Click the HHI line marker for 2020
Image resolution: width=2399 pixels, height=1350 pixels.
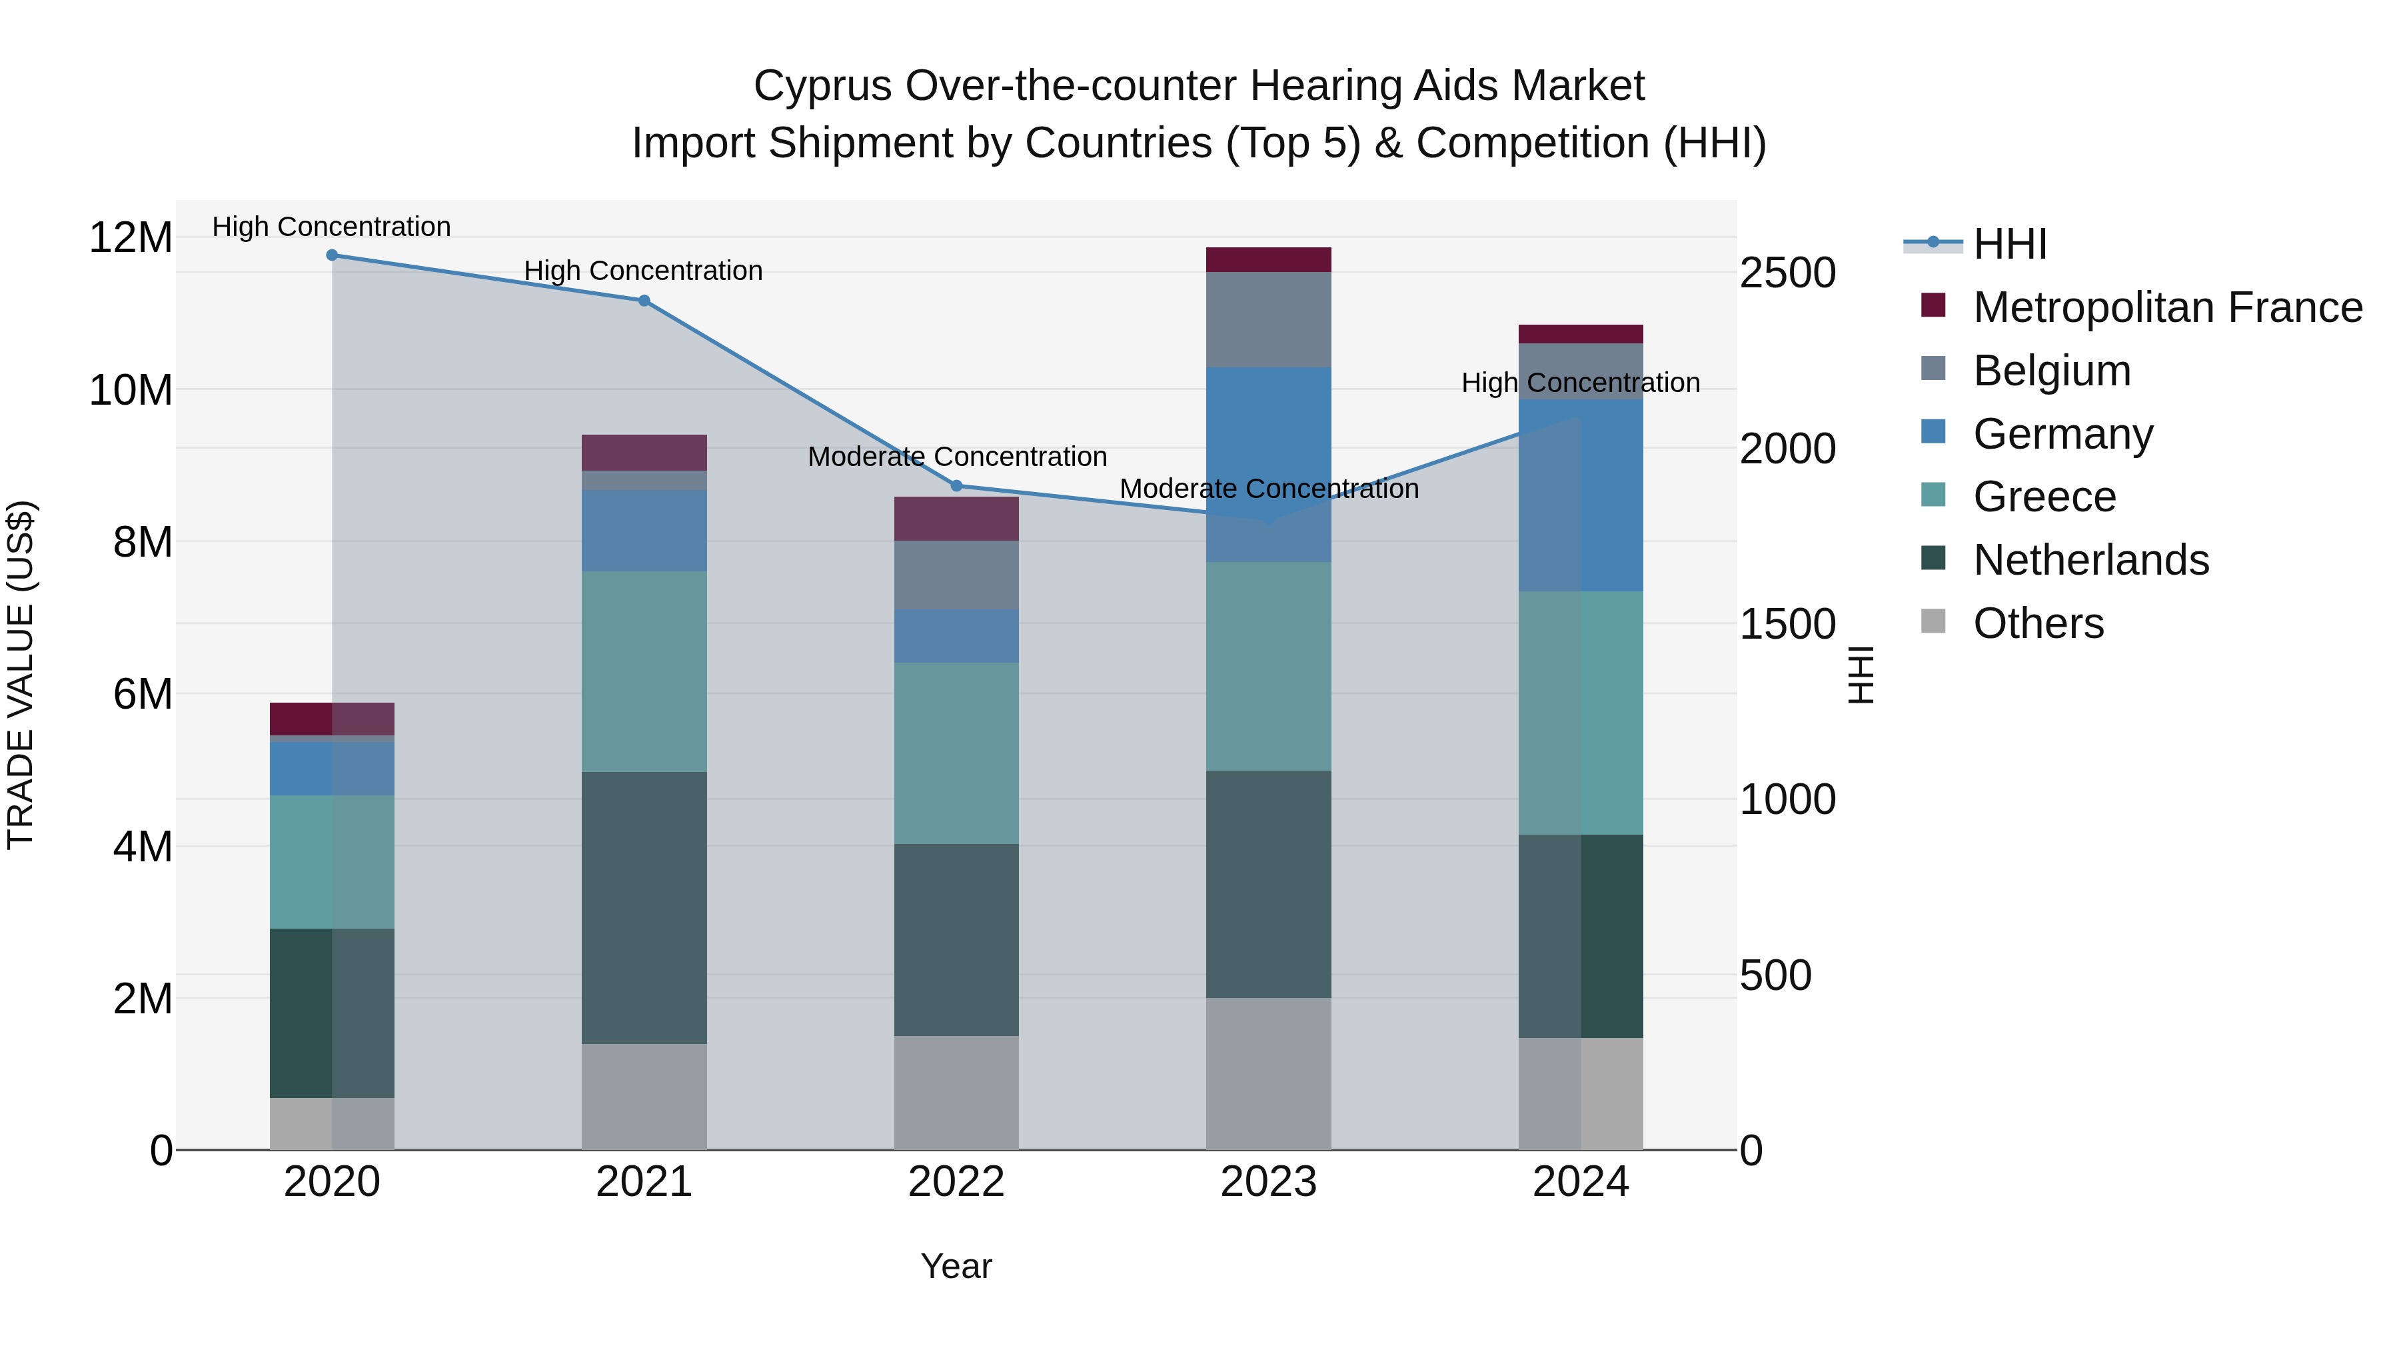coord(332,255)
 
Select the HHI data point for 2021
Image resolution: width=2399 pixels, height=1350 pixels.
coord(644,301)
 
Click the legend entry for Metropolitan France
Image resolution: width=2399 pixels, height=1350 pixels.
coord(2166,307)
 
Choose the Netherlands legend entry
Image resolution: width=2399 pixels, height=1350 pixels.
coord(2090,560)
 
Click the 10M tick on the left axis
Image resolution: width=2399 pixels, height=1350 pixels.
coord(131,389)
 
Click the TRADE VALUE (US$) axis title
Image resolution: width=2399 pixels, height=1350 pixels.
coord(21,675)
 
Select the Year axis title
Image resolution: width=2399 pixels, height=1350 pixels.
coord(956,1266)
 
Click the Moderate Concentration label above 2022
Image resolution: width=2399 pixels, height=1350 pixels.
coord(956,457)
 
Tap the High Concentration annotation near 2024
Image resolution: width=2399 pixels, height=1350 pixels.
coord(1581,383)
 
